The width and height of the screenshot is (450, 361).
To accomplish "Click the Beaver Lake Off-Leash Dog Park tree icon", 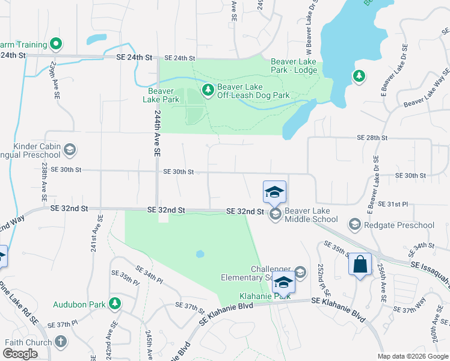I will [x=208, y=90].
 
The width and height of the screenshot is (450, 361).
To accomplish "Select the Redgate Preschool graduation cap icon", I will [x=354, y=225].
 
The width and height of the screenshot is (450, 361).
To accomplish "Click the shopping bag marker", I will [x=360, y=265].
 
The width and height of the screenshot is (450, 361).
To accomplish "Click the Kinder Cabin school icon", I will [x=70, y=149].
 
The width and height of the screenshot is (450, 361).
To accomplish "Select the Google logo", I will [x=20, y=354].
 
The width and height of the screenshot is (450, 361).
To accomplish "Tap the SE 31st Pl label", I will [x=393, y=205].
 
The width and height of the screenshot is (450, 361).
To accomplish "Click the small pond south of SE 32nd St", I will [x=200, y=254].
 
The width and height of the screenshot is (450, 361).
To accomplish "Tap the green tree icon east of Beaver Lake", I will [x=359, y=76].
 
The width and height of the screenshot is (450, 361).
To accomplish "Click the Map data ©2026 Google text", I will [x=412, y=356].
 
